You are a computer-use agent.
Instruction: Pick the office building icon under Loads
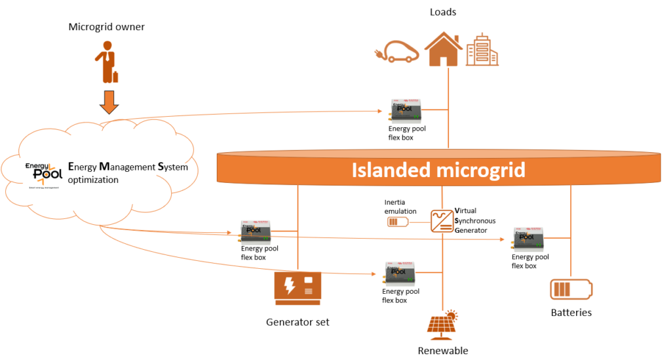[x=482, y=50]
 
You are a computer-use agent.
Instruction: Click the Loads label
[x=443, y=12]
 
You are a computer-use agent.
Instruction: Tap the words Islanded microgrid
[x=438, y=170]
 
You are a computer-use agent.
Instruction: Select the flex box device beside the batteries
[x=530, y=240]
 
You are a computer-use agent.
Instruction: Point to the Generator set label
[x=297, y=322]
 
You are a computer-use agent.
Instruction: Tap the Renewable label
[x=443, y=351]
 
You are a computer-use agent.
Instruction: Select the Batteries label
[x=571, y=313]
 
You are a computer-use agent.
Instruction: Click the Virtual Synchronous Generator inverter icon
[x=442, y=221]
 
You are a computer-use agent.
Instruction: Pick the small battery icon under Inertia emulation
[x=397, y=222]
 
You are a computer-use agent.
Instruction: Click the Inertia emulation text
[x=401, y=207]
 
